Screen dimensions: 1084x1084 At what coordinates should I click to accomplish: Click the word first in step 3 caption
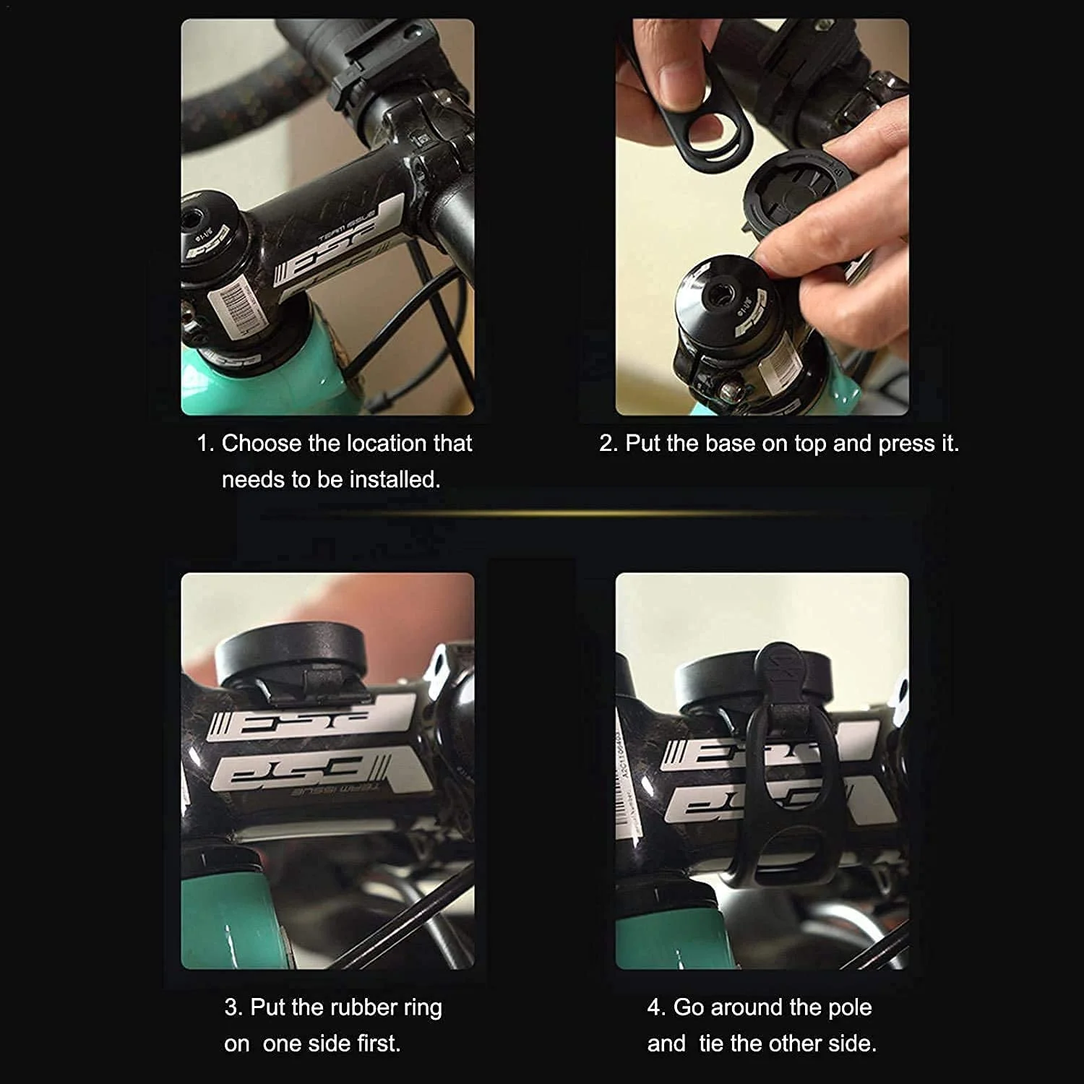click(x=377, y=1043)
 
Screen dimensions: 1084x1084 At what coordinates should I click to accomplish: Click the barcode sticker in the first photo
click(x=236, y=304)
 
